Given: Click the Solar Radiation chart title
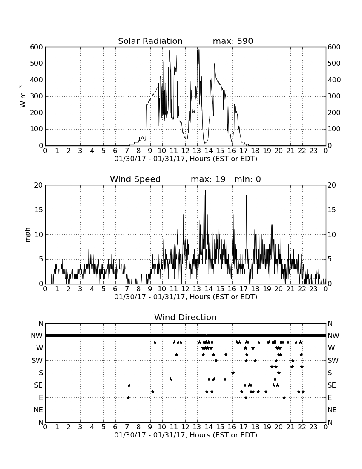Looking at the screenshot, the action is (150, 41).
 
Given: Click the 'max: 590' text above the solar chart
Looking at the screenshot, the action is (233, 41).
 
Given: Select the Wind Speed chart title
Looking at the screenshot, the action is (135, 179).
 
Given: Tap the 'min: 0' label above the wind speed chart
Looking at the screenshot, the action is (247, 179).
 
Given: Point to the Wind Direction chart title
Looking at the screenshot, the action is (185, 317).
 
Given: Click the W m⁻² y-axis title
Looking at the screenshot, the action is (22, 96).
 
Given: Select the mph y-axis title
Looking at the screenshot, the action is (28, 235).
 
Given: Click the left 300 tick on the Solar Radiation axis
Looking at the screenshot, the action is (37, 96).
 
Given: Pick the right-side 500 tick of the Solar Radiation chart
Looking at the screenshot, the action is (334, 64).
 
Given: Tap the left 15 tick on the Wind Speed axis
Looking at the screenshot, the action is (39, 210).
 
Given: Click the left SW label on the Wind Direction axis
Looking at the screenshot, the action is (37, 360).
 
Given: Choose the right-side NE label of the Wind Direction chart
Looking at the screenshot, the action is (332, 410).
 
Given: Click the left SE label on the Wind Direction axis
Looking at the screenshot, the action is (38, 385).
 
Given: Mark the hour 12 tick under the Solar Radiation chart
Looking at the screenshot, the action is (185, 151).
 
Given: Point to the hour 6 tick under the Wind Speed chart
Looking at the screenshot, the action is (115, 289).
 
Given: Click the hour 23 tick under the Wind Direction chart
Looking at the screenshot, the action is (313, 427).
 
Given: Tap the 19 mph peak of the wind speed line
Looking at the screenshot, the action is (205, 191).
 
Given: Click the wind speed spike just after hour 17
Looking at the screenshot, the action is (247, 195).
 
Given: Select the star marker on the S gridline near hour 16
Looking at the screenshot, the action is (233, 373).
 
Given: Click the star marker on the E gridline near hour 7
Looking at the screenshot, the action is (129, 397).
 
